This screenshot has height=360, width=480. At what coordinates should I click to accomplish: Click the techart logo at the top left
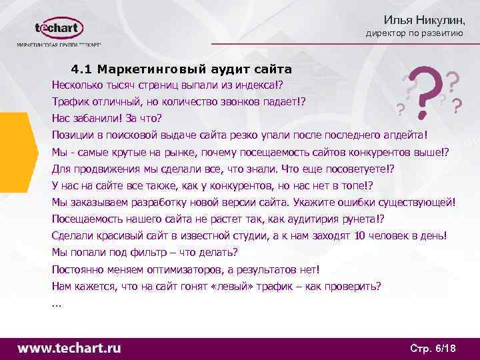[59, 29]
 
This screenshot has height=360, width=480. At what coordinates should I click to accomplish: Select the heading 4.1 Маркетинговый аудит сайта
[181, 69]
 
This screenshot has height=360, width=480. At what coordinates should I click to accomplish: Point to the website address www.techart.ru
[69, 347]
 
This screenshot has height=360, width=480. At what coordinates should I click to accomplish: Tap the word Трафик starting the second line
[71, 102]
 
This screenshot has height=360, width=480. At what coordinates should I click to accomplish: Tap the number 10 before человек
[361, 236]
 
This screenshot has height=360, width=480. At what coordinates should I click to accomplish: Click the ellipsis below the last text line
[56, 304]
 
